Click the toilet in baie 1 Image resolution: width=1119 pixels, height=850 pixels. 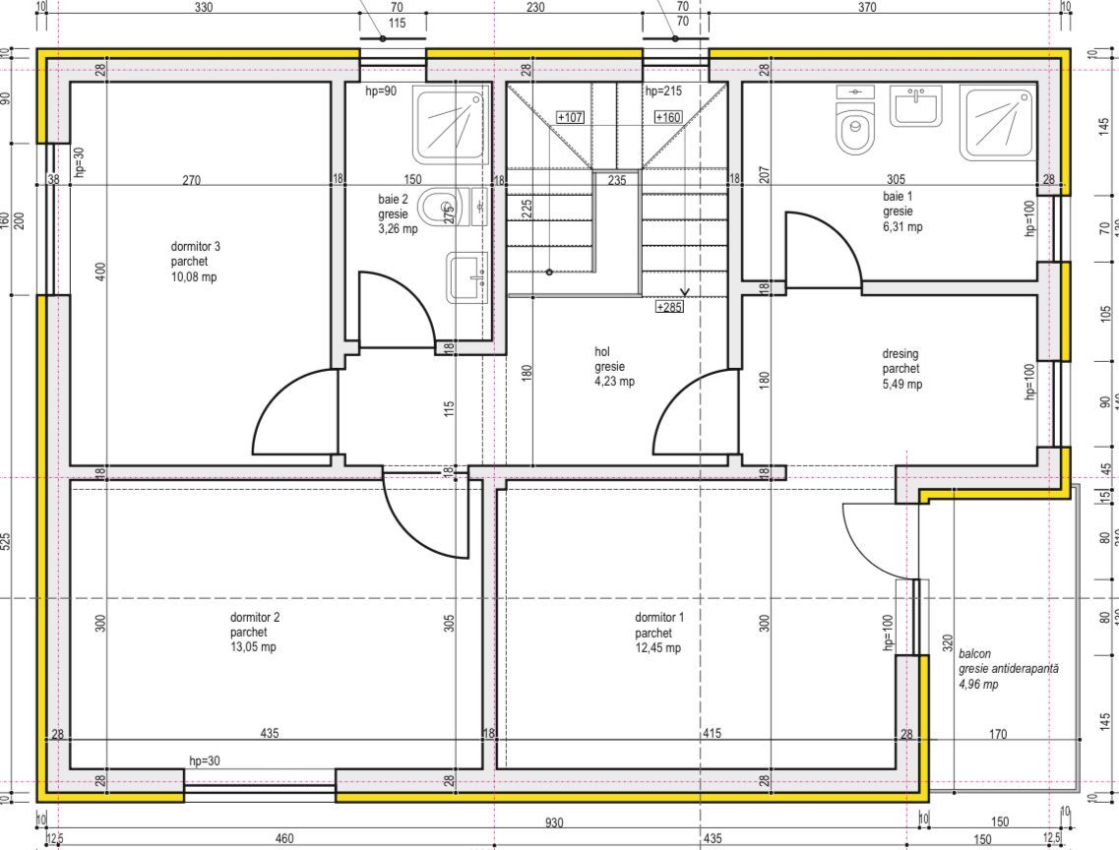(x=854, y=129)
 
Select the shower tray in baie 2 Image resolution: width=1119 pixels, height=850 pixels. (x=452, y=124)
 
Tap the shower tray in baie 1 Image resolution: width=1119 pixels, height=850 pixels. (x=999, y=123)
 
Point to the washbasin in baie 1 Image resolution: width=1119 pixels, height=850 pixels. (x=915, y=105)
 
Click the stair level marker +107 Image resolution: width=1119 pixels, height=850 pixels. (x=571, y=117)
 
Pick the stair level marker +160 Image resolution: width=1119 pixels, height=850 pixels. (x=667, y=117)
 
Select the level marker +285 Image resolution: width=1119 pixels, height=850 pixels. (x=669, y=307)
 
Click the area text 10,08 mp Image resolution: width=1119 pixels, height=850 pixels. (x=194, y=277)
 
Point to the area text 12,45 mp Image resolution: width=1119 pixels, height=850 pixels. (x=657, y=647)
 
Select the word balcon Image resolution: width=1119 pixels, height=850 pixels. (x=974, y=653)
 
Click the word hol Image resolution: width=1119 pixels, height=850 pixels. (x=603, y=351)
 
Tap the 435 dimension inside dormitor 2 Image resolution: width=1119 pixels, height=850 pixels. (x=269, y=733)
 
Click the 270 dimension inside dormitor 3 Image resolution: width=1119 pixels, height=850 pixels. (x=193, y=180)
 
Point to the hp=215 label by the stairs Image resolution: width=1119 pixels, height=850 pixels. (x=663, y=91)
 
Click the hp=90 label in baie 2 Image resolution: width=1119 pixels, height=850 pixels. (x=381, y=91)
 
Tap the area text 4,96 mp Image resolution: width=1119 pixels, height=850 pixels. (x=978, y=684)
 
